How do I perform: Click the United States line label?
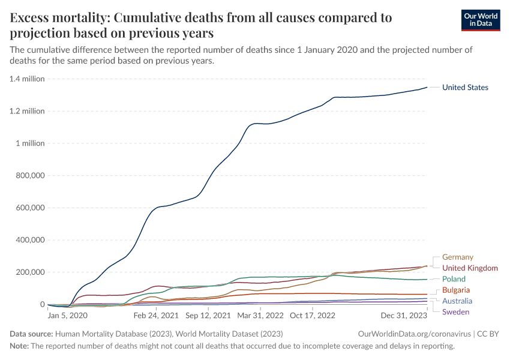(465, 88)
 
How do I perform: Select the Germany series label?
(458, 257)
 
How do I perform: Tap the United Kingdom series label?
(470, 268)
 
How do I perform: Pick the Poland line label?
(454, 280)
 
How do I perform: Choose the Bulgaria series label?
(456, 290)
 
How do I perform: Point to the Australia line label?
(457, 301)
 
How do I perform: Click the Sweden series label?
(455, 312)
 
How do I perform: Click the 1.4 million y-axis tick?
(28, 79)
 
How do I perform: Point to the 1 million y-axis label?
(31, 143)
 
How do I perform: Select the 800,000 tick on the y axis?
(29, 176)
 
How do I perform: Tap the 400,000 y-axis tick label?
(29, 240)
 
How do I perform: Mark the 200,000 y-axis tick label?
(29, 272)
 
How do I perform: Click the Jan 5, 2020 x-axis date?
(68, 315)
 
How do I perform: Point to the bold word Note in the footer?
(20, 346)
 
